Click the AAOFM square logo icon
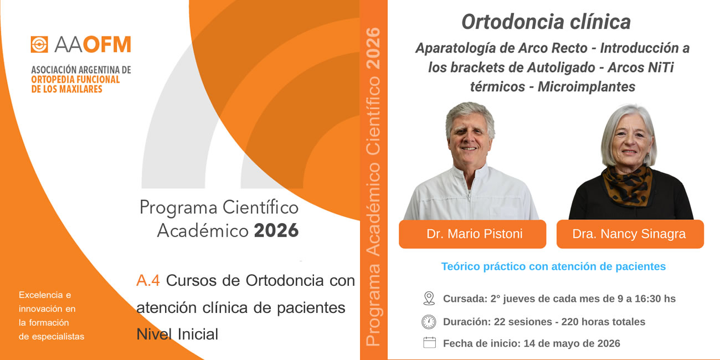point(39,44)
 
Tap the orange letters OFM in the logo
point(107,44)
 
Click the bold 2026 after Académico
point(276,230)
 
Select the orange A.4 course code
point(148,280)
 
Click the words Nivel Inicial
point(177,334)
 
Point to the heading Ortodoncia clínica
point(546,22)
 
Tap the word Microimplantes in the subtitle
point(587,87)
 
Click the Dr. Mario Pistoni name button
point(472,234)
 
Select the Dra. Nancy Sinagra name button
point(630,234)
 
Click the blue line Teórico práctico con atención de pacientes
point(553,266)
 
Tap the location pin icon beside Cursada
point(429,299)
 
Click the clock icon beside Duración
point(429,322)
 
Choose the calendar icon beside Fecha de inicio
point(429,342)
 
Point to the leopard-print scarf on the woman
point(627,186)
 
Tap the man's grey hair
point(470,116)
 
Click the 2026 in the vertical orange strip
point(373,49)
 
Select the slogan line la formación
point(44,322)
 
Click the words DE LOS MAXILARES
point(66,89)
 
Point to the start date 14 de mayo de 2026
point(572,343)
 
